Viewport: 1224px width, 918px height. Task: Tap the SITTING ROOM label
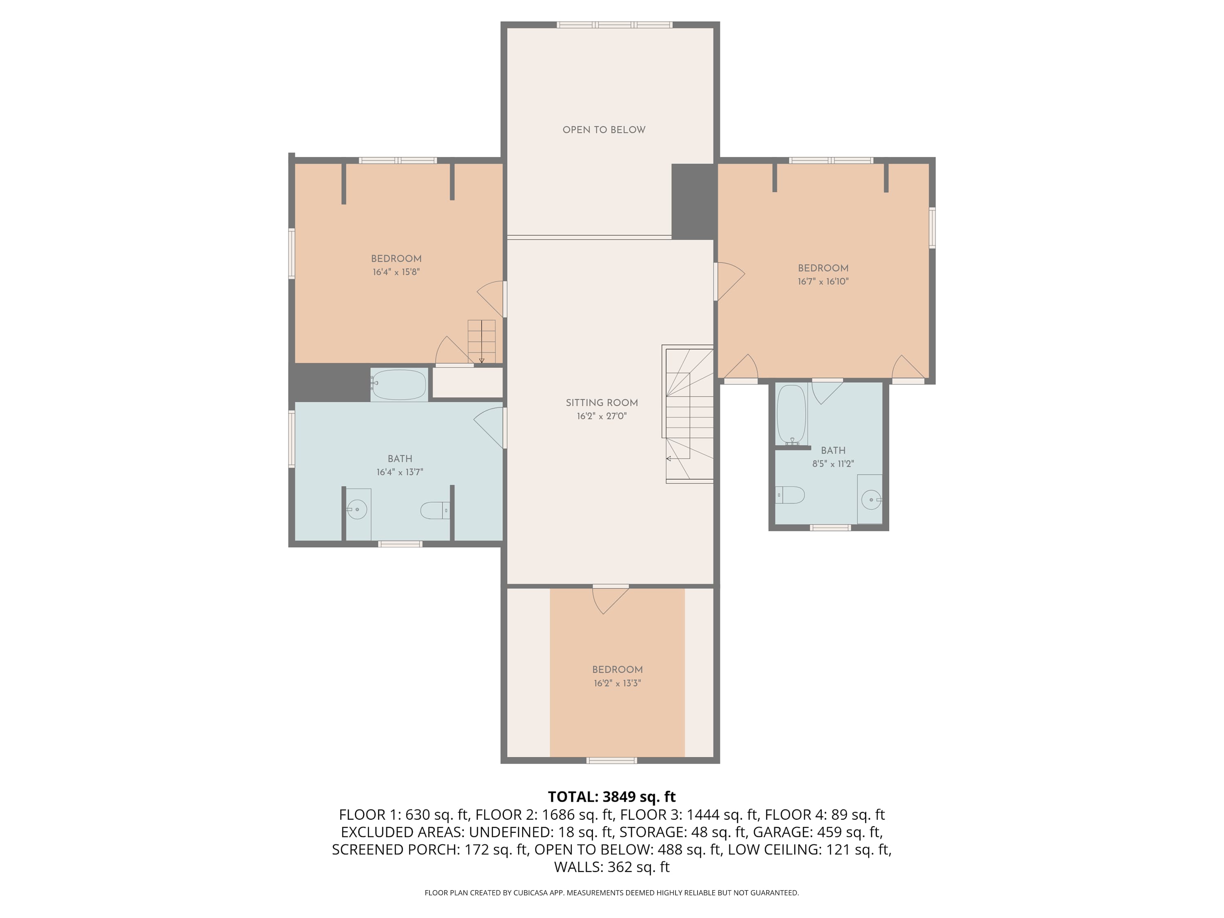(x=601, y=403)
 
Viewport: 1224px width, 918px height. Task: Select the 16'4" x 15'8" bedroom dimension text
(x=396, y=272)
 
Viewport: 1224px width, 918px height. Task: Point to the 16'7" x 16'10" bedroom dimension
(x=823, y=281)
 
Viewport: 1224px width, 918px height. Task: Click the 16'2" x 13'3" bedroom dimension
(x=617, y=683)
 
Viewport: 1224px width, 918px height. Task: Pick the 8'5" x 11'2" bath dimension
(x=833, y=464)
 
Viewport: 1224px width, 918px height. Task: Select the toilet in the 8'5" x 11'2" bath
(x=789, y=494)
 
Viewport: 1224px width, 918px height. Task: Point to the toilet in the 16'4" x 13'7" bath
(x=435, y=510)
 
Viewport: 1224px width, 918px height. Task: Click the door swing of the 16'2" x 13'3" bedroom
(x=610, y=600)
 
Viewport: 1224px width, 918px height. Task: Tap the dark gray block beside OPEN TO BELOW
(x=692, y=202)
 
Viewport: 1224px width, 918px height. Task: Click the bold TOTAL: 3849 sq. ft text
(x=612, y=797)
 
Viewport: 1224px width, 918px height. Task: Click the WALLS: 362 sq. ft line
(x=612, y=867)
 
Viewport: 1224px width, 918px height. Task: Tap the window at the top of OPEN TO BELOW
(x=614, y=25)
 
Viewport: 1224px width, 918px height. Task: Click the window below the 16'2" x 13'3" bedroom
(x=612, y=760)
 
